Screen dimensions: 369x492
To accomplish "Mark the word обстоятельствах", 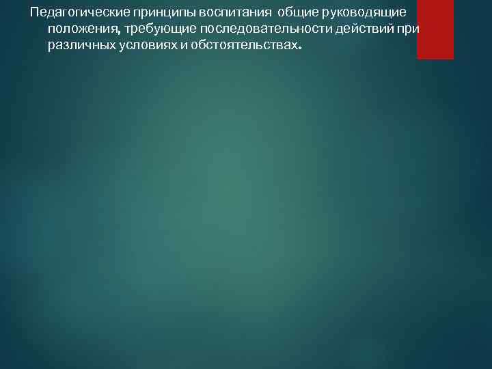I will pos(243,45).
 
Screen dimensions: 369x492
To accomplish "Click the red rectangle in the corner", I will pos(435,29).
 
